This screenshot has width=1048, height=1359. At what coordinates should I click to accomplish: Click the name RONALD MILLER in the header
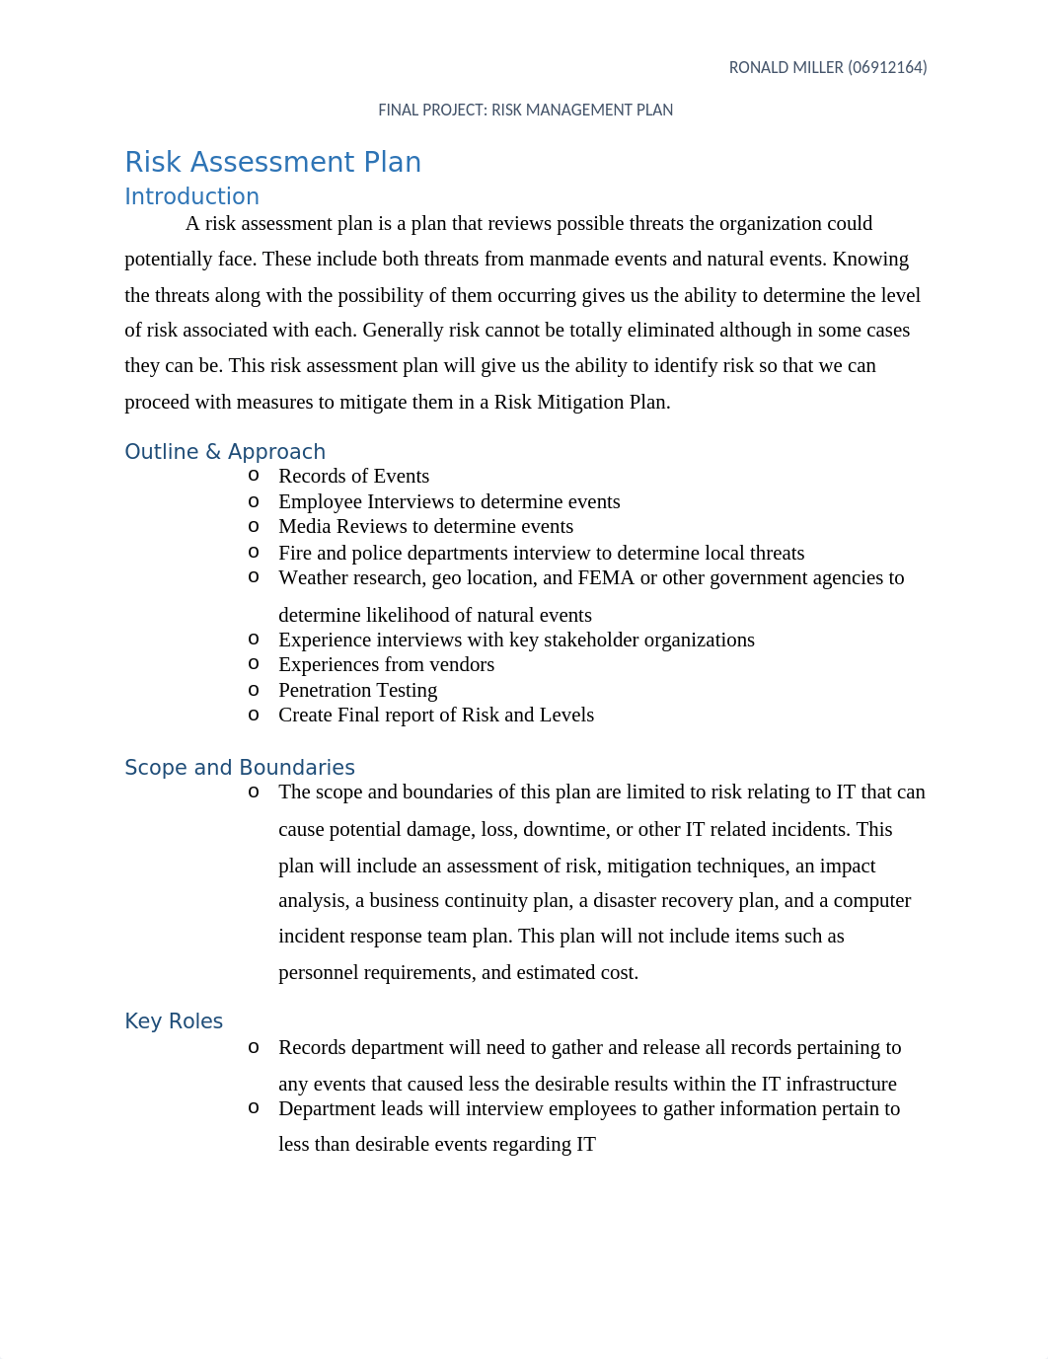click(786, 68)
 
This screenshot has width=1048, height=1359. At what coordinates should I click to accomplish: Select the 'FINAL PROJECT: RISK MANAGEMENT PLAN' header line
click(525, 111)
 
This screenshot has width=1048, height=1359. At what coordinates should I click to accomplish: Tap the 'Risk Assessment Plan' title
click(272, 162)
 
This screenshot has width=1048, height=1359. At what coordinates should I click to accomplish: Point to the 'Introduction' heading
click(191, 196)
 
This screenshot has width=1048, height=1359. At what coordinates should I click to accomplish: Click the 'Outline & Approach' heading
click(225, 452)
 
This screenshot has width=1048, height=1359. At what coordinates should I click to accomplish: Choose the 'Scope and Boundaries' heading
click(240, 768)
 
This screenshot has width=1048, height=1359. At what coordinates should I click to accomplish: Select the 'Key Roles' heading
click(174, 1021)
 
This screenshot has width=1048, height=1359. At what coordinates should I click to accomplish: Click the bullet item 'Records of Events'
click(353, 477)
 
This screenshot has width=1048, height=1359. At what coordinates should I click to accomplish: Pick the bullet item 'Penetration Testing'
click(357, 691)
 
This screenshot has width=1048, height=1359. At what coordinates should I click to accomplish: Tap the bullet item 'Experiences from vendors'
click(386, 665)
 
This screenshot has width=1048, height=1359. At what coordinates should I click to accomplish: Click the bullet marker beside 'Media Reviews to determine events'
click(254, 526)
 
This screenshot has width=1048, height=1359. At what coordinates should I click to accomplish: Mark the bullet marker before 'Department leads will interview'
click(254, 1107)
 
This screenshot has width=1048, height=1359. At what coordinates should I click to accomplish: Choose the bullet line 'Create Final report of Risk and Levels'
click(436, 716)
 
